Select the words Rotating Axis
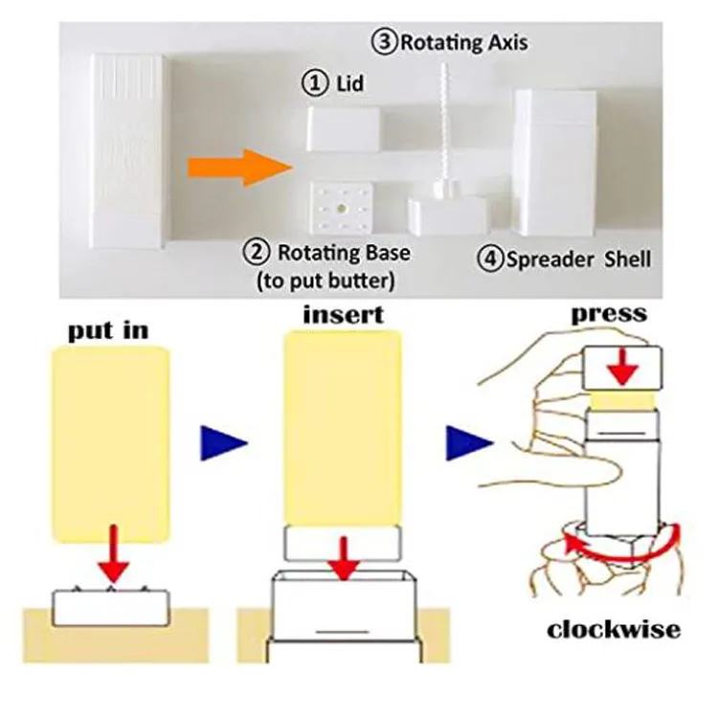[462, 42]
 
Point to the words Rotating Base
[342, 254]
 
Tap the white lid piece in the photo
[344, 127]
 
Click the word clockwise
[614, 629]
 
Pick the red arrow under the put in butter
[114, 555]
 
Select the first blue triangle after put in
[224, 442]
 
